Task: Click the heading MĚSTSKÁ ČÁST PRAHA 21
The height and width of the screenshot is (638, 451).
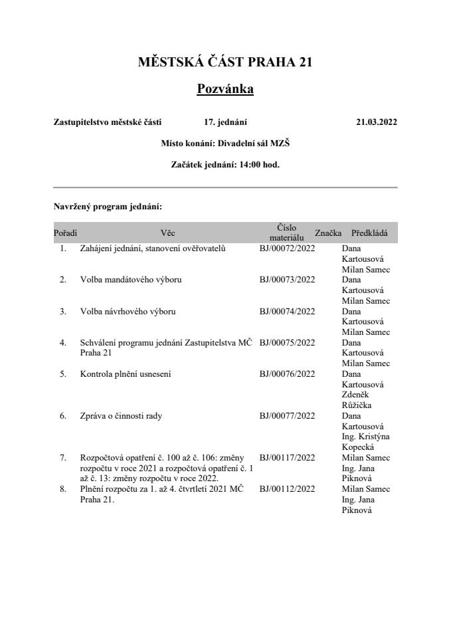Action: coord(225,62)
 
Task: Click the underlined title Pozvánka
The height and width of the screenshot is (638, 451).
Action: coord(225,89)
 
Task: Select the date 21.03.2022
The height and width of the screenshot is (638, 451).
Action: coord(376,122)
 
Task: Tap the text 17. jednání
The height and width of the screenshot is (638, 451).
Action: coord(226,122)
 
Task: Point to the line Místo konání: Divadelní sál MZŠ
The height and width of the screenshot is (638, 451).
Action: coord(225,143)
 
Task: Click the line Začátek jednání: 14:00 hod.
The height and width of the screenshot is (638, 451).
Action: coord(225,164)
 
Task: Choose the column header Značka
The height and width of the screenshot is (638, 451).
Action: coord(328,233)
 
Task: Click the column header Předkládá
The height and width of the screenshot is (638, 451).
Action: coord(369,233)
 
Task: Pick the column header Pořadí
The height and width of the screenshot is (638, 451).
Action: coord(65,233)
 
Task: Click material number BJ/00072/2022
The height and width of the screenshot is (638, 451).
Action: coord(287,249)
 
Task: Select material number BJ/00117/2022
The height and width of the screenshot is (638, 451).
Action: coord(287,457)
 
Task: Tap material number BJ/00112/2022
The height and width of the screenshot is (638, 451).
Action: coord(287,489)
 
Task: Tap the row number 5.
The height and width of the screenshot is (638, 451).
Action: coord(63,374)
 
